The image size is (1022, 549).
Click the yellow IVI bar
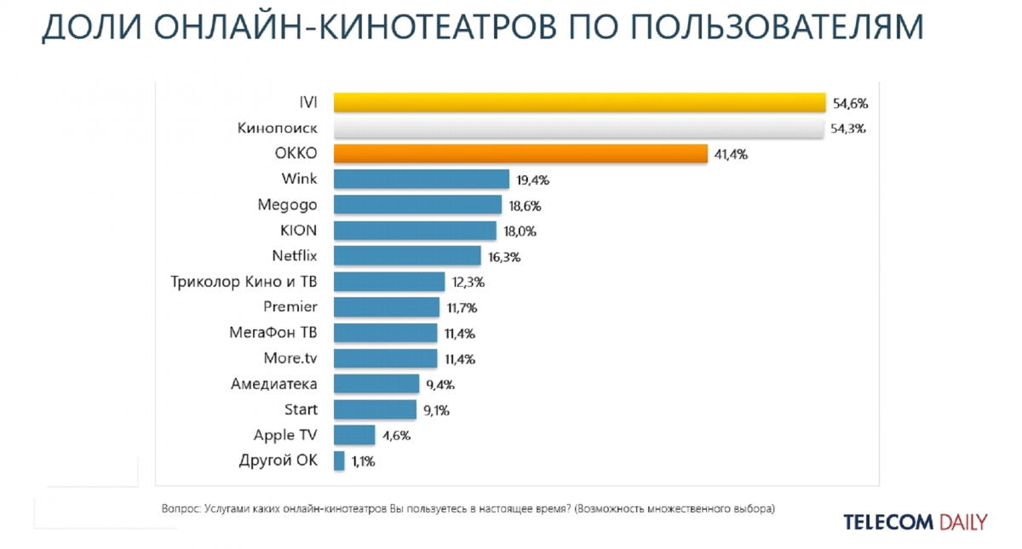point(579,103)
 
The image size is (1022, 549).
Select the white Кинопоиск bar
point(579,129)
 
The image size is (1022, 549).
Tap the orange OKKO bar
point(520,154)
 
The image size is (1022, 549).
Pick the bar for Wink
point(422,180)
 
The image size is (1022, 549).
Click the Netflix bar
point(407,256)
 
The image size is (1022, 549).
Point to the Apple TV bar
point(354,435)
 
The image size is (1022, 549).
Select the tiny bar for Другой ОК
point(339,460)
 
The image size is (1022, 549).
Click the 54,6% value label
point(849,104)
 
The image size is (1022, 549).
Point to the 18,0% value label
point(520,232)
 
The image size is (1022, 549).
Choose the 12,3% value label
point(468,283)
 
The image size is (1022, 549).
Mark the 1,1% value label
point(363,461)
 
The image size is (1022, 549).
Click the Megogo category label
point(287,205)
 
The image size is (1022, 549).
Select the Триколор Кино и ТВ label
point(244,282)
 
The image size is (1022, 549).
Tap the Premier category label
point(290,307)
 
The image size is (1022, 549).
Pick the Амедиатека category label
point(273,384)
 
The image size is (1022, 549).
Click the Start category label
point(301,409)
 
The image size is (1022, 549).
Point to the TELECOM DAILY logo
point(916,522)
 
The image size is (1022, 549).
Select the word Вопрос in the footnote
point(180,509)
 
